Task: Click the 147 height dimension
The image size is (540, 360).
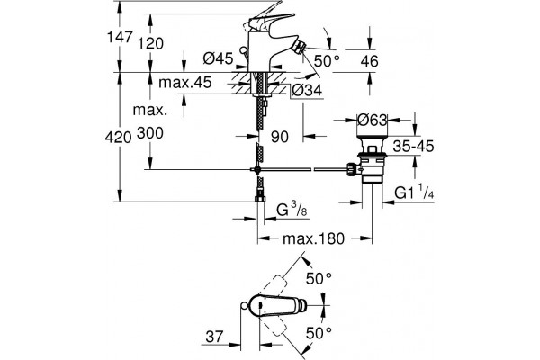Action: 120,37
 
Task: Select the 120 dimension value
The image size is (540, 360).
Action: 150,44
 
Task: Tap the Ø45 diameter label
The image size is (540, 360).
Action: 218,58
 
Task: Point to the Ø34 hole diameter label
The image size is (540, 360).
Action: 307,90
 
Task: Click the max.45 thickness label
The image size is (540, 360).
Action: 184,83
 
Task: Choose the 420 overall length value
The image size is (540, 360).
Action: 119,138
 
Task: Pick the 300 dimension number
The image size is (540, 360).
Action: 150,133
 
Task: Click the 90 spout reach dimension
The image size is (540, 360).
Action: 280,137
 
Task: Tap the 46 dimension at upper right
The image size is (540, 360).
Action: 370,61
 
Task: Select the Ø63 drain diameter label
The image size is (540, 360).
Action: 373,121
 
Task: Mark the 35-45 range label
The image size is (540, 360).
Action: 413,147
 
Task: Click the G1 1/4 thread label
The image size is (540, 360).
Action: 414,192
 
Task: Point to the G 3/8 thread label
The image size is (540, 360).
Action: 292,210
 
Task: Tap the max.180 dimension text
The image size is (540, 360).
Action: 313,238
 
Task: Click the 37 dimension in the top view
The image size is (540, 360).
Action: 214,337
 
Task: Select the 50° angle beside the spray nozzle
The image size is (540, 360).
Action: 327,61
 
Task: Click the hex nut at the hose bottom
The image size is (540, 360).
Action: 260,200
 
